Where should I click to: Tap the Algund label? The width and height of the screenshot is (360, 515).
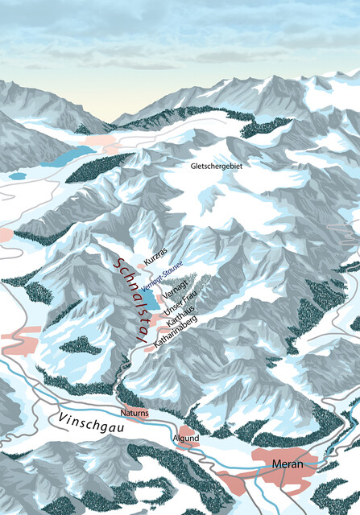[184, 438]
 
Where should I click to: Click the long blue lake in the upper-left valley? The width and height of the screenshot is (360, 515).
[68, 154]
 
